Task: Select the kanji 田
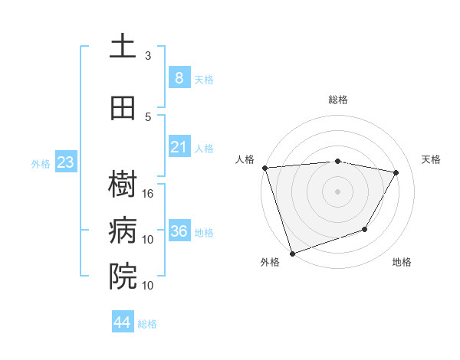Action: [123, 108]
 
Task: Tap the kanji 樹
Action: [123, 185]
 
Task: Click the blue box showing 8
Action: [179, 78]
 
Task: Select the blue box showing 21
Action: [179, 147]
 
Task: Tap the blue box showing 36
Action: [179, 231]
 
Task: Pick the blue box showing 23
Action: [66, 162]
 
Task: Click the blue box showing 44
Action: [123, 322]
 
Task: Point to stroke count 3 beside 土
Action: [148, 56]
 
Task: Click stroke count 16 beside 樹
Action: [148, 194]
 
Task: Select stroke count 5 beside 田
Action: [148, 117]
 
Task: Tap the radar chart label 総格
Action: [338, 100]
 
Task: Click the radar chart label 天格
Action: [432, 159]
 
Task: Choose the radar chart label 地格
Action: [402, 262]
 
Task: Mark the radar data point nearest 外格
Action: [292, 253]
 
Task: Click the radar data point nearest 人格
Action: [264, 168]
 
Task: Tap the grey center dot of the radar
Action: [338, 191]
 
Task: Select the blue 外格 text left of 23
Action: [40, 163]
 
